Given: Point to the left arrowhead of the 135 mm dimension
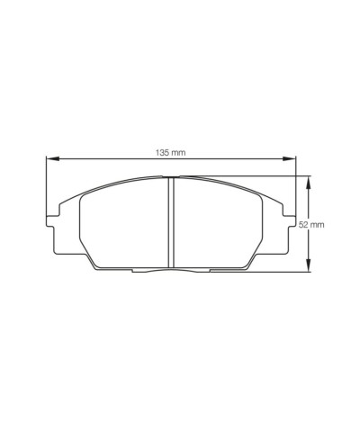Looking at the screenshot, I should pyautogui.click(x=50, y=159).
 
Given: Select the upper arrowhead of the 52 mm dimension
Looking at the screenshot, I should pyautogui.click(x=310, y=181).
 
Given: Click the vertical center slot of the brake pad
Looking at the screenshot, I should pyautogui.click(x=171, y=223).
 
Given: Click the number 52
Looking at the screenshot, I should pyautogui.click(x=316, y=223).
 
